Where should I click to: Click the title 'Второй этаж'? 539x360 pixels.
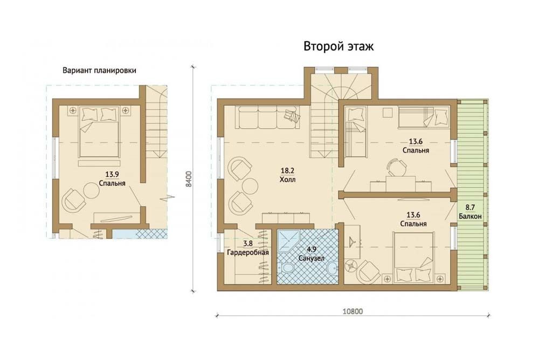click(x=338, y=46)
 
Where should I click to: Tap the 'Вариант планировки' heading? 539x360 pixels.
click(x=99, y=71)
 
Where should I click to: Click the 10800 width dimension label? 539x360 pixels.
click(x=353, y=311)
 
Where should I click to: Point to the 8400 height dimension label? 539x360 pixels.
click(x=188, y=179)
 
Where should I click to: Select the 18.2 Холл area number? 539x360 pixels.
click(x=287, y=170)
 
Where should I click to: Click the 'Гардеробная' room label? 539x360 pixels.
click(x=248, y=252)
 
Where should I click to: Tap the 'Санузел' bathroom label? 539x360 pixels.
click(x=312, y=258)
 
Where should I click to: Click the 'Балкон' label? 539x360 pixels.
click(x=470, y=216)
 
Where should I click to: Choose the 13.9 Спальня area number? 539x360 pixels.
click(x=112, y=174)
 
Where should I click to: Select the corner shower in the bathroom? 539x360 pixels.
click(x=289, y=241)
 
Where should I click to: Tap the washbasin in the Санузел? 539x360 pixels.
click(x=332, y=269)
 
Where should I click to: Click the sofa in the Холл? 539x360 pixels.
click(x=268, y=117)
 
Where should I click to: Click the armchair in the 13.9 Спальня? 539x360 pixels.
click(x=73, y=200)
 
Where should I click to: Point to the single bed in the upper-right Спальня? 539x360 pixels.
click(x=424, y=117)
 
